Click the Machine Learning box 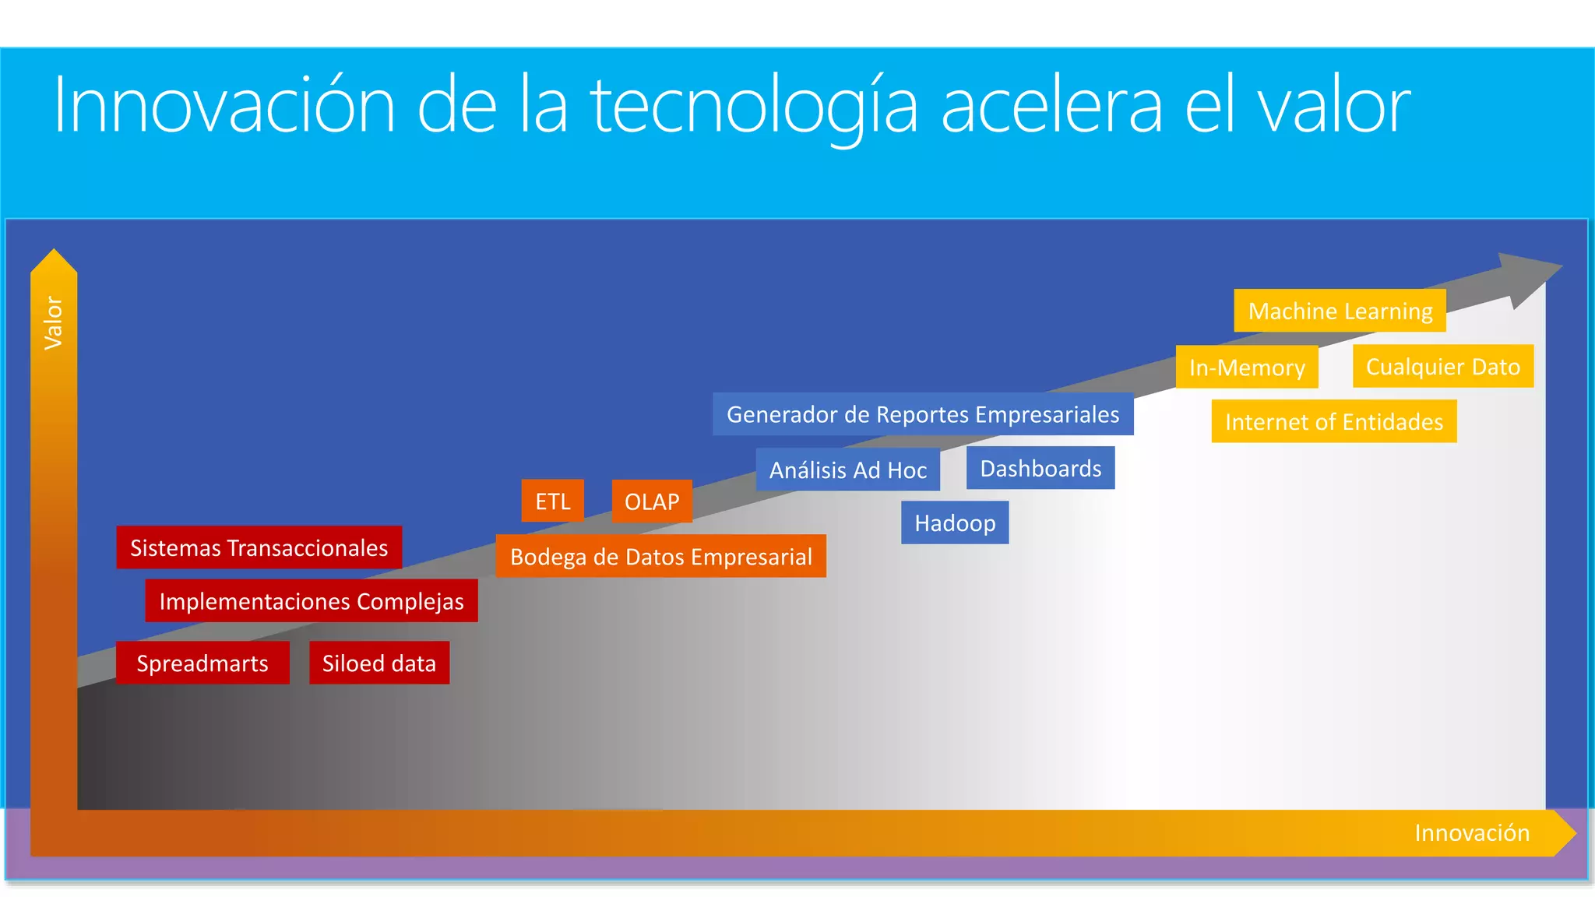click(1340, 311)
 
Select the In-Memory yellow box click(1246, 367)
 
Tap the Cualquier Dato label click(1442, 366)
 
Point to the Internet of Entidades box click(1333, 421)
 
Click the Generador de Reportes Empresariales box click(922, 414)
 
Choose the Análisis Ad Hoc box click(847, 470)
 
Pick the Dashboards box click(1040, 468)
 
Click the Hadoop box click(954, 522)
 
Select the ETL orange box click(552, 501)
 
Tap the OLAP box click(652, 501)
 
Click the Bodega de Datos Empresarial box click(660, 556)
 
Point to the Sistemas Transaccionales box click(259, 547)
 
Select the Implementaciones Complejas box click(311, 600)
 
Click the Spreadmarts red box click(202, 663)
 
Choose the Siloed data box click(379, 663)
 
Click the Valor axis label click(53, 322)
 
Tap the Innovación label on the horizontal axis click(1471, 832)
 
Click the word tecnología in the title click(754, 107)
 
